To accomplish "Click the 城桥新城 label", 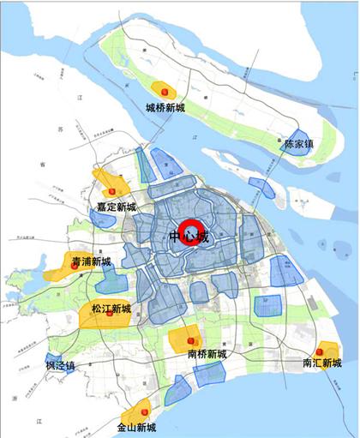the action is pos(165,108).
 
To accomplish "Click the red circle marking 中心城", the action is pos(188,236).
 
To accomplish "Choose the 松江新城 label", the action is pos(111,308).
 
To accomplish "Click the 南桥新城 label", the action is pos(207,353).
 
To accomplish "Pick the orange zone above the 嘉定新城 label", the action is pos(112,183).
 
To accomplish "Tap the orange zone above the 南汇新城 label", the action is pos(326,349).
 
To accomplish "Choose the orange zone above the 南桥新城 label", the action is pos(185,338).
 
